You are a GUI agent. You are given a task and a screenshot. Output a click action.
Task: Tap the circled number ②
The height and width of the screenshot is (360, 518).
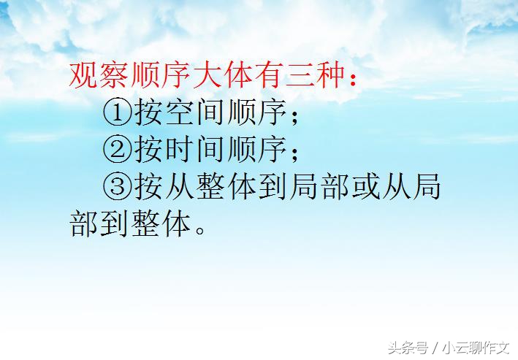[117, 149]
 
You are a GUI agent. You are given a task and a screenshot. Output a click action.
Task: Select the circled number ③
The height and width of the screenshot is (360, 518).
[117, 186]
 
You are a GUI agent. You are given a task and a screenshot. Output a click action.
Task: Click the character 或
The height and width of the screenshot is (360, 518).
[355, 186]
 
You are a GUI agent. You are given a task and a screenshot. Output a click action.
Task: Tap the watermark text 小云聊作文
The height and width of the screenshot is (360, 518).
[476, 345]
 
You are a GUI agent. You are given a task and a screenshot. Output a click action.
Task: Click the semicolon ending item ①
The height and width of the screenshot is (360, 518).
[292, 115]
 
